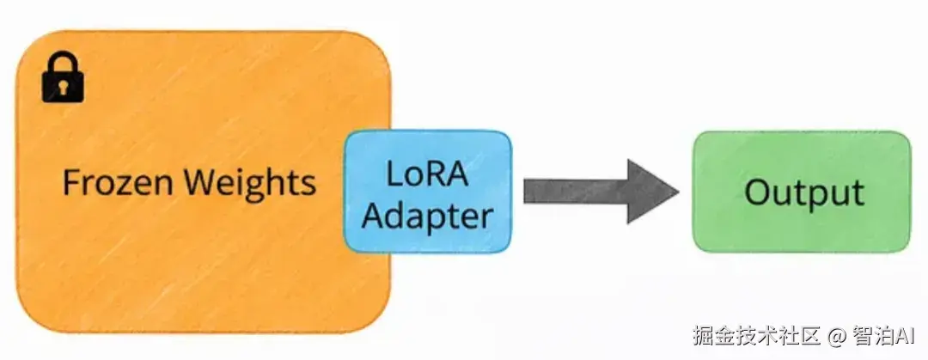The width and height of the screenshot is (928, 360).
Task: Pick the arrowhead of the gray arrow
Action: point(650,191)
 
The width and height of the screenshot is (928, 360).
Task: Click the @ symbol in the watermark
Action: point(837,333)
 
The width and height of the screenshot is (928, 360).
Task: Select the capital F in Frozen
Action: point(70,183)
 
